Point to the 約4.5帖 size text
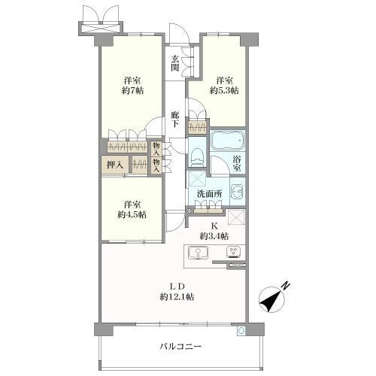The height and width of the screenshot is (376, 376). pos(132,214)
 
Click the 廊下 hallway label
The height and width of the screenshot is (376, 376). pos(175,117)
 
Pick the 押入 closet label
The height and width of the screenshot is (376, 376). pos(115,162)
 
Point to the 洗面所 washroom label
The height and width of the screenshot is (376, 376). pos(209,196)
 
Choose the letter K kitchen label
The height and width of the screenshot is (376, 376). pos(214,226)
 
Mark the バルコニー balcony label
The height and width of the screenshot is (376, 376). pos(180,347)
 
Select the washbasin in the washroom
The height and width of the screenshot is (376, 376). pos(238,191)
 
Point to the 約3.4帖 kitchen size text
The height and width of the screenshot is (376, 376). pos(214,236)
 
